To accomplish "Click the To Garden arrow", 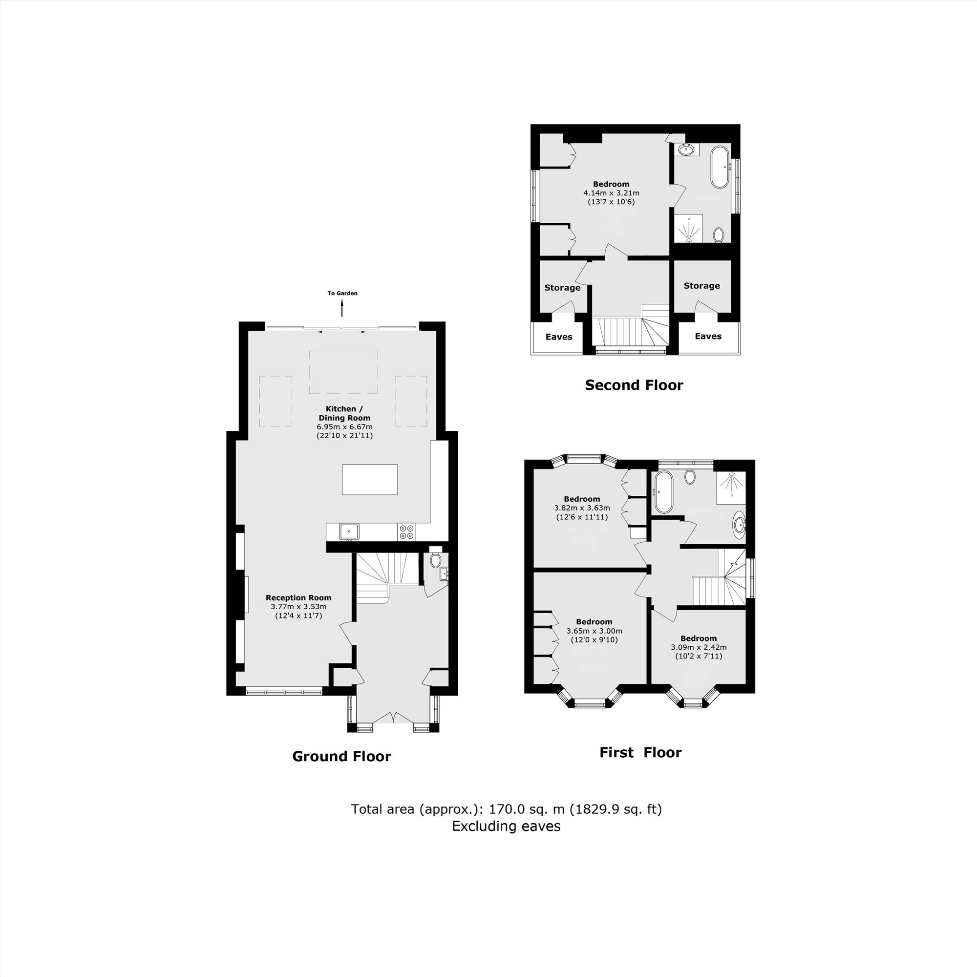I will [x=342, y=307].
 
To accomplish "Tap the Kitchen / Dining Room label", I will [x=344, y=413].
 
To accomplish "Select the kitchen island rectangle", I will [x=370, y=479].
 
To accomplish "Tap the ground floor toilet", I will [x=435, y=560].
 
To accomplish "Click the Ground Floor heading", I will [x=341, y=757].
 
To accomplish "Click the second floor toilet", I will [x=719, y=234].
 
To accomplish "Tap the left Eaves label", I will [x=559, y=337].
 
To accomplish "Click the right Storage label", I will [x=701, y=286].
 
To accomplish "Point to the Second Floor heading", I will [x=634, y=385].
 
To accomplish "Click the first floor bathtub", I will [x=662, y=491].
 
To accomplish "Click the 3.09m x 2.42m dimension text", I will [x=699, y=647].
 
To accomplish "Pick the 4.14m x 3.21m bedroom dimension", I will [x=611, y=192].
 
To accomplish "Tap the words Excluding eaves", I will [x=506, y=827].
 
